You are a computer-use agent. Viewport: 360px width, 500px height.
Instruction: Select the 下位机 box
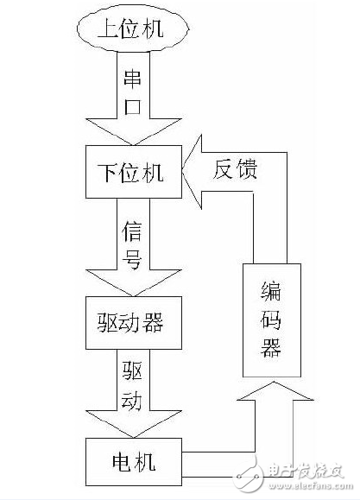click(x=134, y=171)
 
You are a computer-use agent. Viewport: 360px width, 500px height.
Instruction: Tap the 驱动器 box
click(x=134, y=323)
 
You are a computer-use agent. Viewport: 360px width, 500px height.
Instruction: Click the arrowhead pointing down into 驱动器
click(x=134, y=286)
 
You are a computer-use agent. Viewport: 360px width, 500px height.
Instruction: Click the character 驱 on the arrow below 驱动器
click(x=134, y=372)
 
